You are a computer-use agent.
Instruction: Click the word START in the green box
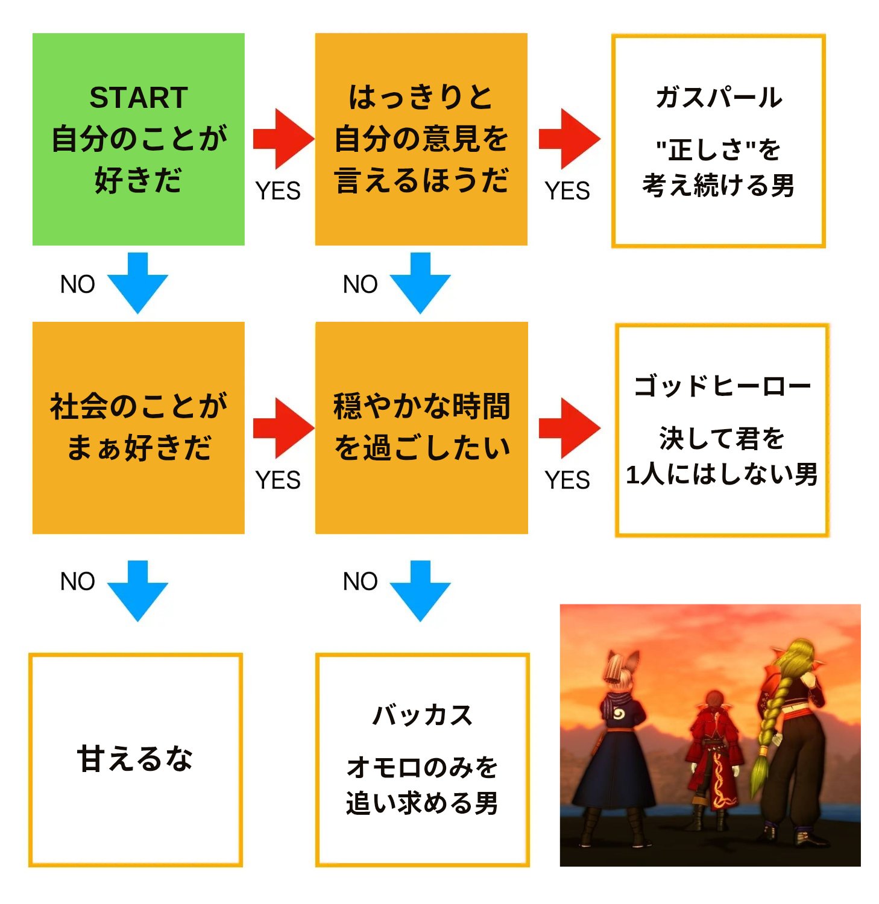(139, 98)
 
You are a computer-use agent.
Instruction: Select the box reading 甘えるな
(135, 759)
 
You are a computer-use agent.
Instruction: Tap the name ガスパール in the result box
(719, 98)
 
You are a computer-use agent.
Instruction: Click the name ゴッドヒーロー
(722, 386)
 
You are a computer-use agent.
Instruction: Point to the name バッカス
(422, 715)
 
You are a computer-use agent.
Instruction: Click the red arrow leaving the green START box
(282, 139)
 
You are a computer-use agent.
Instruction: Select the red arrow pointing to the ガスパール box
(569, 139)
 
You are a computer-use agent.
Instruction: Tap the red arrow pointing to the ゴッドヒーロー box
(569, 428)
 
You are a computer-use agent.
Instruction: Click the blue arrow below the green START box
(137, 282)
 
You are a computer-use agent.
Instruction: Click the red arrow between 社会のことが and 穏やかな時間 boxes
(282, 428)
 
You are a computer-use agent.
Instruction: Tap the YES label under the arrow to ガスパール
(567, 191)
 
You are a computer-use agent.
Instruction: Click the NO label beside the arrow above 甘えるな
(78, 582)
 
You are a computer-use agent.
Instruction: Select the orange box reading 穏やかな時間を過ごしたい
(421, 428)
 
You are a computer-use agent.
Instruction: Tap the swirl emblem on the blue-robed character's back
(619, 715)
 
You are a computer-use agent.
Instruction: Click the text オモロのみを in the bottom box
(422, 767)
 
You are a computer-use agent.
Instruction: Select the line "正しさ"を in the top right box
(719, 149)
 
